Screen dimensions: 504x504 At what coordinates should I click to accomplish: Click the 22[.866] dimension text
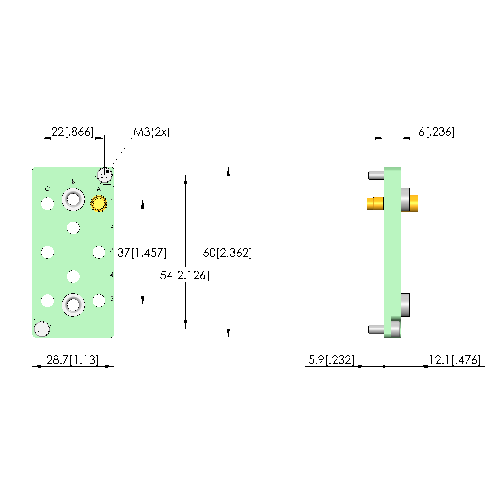[x=72, y=132]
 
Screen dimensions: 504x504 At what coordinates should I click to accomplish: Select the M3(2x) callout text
[x=152, y=132]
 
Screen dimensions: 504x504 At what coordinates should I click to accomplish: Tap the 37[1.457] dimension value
[x=142, y=253]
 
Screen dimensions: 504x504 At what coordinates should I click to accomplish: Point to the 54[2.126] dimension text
[x=185, y=275]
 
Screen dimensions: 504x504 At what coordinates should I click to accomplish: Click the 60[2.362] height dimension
[x=227, y=253]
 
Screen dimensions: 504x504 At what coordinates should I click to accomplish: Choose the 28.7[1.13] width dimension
[x=72, y=360]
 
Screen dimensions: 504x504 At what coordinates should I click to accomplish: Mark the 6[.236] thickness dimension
[x=436, y=132]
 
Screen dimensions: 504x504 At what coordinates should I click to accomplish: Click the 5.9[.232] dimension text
[x=331, y=360]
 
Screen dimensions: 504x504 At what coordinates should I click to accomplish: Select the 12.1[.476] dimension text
[x=455, y=360]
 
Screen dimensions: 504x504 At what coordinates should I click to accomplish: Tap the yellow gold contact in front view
[x=99, y=203]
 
